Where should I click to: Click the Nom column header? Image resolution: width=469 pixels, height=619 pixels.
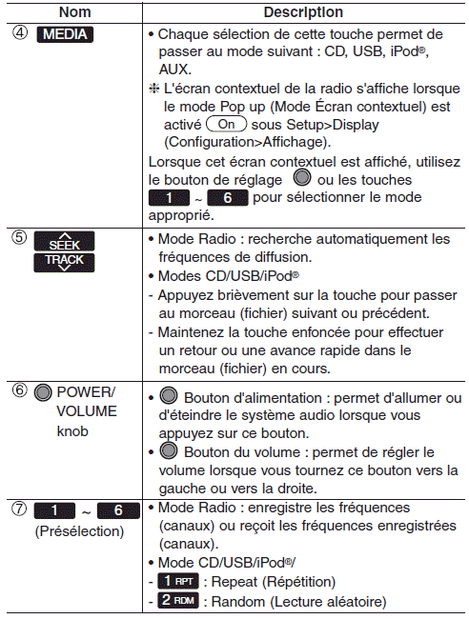pyautogui.click(x=74, y=12)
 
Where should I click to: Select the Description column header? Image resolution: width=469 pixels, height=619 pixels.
pyautogui.click(x=303, y=12)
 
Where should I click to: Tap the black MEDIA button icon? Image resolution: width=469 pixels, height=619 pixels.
pyautogui.click(x=65, y=34)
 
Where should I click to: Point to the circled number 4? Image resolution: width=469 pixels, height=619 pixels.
pyautogui.click(x=20, y=32)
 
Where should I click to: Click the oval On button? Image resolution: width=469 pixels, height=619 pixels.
pyautogui.click(x=227, y=124)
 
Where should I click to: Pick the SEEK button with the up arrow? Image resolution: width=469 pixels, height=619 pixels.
pyautogui.click(x=65, y=242)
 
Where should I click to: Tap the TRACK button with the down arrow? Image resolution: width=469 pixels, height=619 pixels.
pyautogui.click(x=65, y=262)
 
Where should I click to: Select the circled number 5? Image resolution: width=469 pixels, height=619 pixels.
pyautogui.click(x=19, y=237)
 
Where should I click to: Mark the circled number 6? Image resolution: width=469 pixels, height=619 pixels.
pyautogui.click(x=19, y=390)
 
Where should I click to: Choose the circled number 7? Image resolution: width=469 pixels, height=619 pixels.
pyautogui.click(x=19, y=509)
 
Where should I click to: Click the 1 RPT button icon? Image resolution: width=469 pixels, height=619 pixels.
pyautogui.click(x=178, y=581)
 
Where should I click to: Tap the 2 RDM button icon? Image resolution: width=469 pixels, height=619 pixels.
pyautogui.click(x=178, y=601)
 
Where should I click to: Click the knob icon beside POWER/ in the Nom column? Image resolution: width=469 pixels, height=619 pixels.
pyautogui.click(x=43, y=392)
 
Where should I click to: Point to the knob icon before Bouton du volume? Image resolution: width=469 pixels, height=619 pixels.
pyautogui.click(x=169, y=450)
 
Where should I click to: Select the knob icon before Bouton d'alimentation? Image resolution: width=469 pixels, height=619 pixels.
pyautogui.click(x=169, y=395)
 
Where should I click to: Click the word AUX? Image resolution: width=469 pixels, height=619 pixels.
pyautogui.click(x=175, y=70)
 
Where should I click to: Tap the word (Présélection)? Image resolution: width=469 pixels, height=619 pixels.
pyautogui.click(x=79, y=531)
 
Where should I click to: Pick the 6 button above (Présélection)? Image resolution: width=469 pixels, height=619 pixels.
pyautogui.click(x=118, y=510)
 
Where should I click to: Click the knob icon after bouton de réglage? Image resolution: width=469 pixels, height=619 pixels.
pyautogui.click(x=302, y=177)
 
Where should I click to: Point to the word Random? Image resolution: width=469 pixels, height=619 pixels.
pyautogui.click(x=238, y=602)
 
